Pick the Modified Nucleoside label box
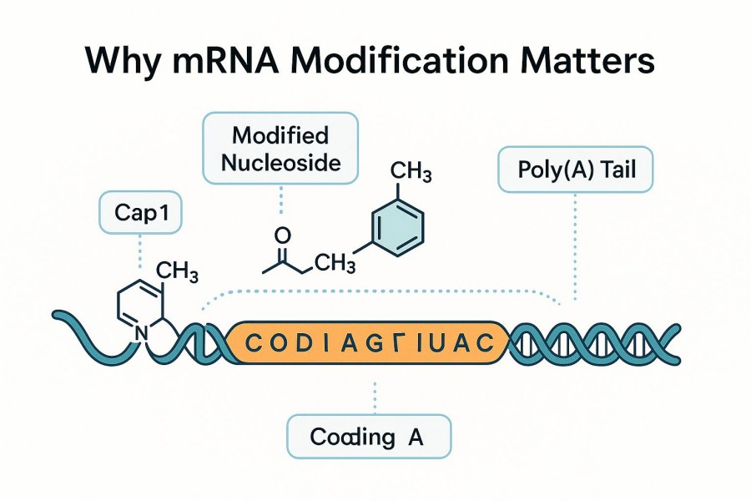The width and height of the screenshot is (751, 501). [x=280, y=149]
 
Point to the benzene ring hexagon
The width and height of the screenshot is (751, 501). [x=396, y=225]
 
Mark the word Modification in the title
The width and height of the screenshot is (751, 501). [x=401, y=63]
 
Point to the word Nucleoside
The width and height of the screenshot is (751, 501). [x=280, y=162]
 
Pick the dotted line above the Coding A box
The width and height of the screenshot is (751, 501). [x=375, y=397]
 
